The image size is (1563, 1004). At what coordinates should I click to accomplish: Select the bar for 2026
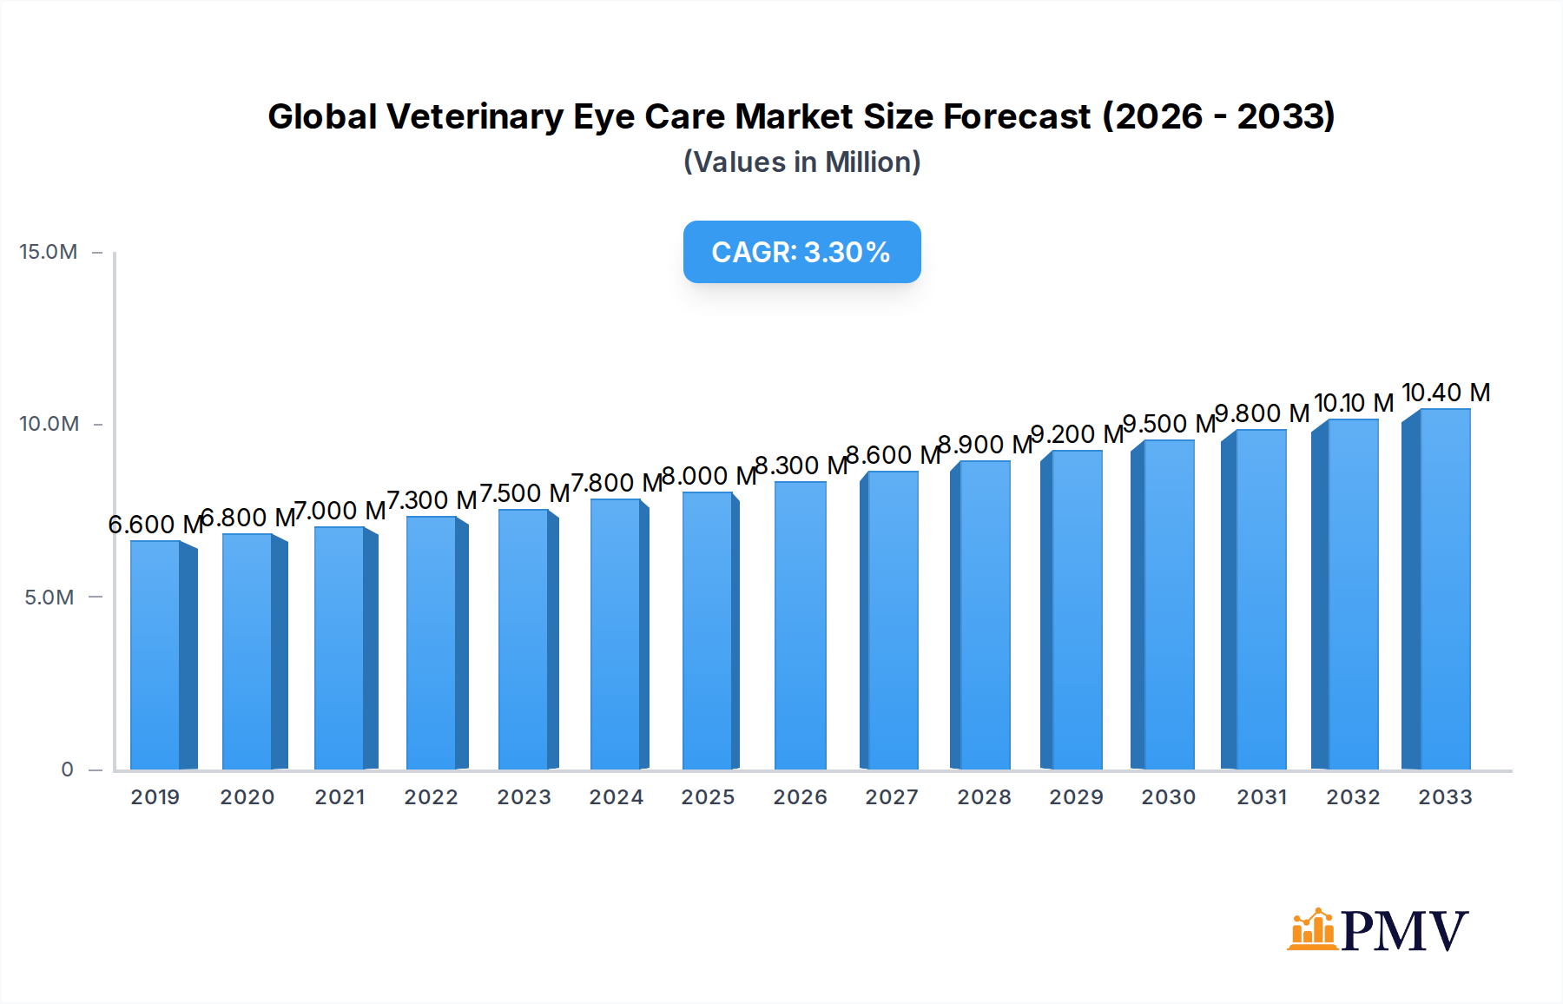[x=800, y=625]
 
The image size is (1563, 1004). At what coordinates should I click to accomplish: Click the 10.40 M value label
[x=1446, y=393]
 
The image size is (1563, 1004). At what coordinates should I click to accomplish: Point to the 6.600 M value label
[x=155, y=525]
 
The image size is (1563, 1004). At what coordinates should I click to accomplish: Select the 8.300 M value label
[x=800, y=466]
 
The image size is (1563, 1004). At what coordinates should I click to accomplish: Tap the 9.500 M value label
[x=1168, y=424]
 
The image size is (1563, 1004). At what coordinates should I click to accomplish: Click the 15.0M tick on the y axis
[x=49, y=252]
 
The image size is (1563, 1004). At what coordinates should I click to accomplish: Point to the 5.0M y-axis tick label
[x=49, y=598]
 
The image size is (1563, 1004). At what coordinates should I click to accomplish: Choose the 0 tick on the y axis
[x=67, y=770]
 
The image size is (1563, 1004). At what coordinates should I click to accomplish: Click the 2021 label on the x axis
[x=340, y=797]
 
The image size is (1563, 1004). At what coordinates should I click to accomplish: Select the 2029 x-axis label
[x=1076, y=797]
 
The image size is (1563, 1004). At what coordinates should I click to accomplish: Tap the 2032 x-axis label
[x=1353, y=797]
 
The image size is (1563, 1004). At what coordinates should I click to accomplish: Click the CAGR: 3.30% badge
[x=801, y=252]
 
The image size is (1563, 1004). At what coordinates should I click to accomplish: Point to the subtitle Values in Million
[x=801, y=162]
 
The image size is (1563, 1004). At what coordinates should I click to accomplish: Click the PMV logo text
[x=1404, y=931]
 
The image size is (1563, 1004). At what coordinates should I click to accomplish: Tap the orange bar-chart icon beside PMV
[x=1312, y=930]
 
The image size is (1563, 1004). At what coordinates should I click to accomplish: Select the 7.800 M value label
[x=616, y=483]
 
